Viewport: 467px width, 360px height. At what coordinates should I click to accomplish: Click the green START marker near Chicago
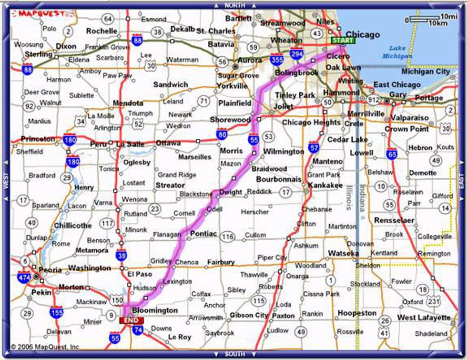343,41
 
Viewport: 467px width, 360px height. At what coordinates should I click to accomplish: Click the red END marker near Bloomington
131,320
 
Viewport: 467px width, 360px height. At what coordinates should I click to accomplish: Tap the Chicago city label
363,34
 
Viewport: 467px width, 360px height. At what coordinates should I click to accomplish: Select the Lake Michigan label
397,52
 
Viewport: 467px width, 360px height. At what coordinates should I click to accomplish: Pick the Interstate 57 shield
314,147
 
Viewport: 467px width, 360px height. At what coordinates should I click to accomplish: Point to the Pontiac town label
203,233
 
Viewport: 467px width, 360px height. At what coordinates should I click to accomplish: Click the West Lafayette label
424,318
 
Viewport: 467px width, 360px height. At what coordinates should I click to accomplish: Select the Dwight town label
231,192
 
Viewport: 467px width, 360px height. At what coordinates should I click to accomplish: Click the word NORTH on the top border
234,5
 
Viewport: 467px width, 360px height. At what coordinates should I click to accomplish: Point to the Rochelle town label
102,31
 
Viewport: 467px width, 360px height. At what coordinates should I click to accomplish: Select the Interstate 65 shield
392,154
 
